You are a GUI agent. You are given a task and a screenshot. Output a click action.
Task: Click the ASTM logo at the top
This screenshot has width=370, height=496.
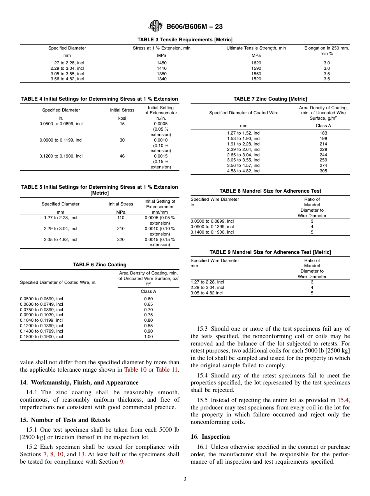point(156,26)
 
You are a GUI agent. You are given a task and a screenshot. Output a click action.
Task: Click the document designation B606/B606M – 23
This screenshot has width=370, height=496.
point(194,27)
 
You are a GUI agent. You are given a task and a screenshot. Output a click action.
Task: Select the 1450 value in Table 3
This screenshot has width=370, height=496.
point(162,63)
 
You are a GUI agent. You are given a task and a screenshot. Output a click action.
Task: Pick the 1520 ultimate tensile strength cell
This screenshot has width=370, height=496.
point(256,79)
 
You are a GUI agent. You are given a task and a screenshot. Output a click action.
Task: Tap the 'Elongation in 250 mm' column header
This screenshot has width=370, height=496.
point(326,48)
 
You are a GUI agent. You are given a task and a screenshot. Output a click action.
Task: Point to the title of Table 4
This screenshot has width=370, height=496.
point(99,99)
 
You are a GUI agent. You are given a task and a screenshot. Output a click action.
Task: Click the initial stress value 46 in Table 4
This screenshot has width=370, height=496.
point(122,156)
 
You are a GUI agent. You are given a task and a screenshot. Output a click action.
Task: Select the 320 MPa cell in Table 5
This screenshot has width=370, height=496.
point(121,239)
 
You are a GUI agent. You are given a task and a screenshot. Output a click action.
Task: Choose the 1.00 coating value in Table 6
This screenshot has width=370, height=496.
point(148,337)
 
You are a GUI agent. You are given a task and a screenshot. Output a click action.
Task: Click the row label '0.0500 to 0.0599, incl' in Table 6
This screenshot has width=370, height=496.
point(41,299)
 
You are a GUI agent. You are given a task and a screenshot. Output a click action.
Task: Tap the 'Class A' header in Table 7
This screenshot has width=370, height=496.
point(323,126)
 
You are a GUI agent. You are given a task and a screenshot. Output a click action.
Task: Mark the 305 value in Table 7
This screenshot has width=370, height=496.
point(323,171)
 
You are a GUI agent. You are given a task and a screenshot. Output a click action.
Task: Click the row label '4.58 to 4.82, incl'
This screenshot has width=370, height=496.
point(244,171)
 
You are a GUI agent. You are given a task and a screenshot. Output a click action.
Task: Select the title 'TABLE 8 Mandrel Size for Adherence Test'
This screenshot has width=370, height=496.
point(270,191)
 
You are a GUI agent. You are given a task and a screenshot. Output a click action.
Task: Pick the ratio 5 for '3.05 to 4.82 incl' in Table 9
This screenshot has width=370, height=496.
point(312,293)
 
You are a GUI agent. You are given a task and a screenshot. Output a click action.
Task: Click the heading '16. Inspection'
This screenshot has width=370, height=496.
point(210,437)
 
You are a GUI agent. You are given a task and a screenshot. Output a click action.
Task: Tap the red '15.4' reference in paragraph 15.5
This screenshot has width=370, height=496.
point(343,400)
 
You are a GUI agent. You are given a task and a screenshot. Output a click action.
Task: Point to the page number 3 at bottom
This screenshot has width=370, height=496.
point(185,479)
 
